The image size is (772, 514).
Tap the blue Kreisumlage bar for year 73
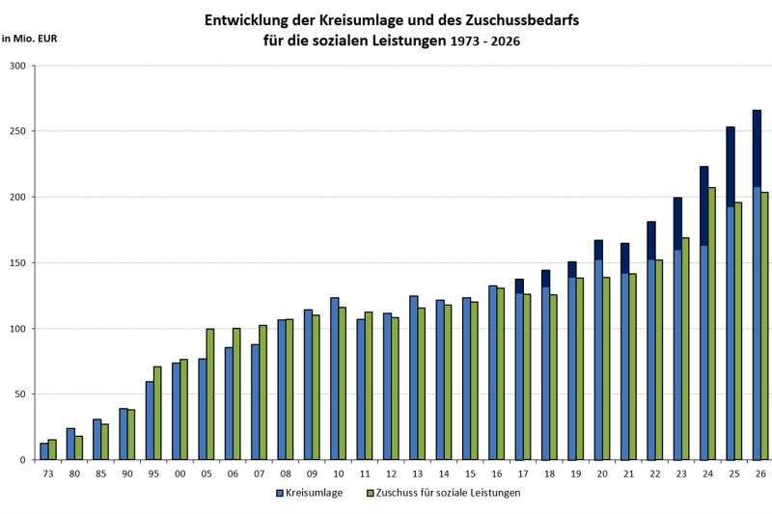pos(43,451)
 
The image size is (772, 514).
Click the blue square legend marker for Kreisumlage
pos(280,493)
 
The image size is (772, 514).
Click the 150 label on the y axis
pos(17,262)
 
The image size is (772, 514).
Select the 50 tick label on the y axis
pos(20,394)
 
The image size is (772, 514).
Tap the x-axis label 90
pos(127,473)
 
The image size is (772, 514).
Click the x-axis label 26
pos(761,473)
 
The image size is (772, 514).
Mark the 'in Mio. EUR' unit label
pos(29,40)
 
